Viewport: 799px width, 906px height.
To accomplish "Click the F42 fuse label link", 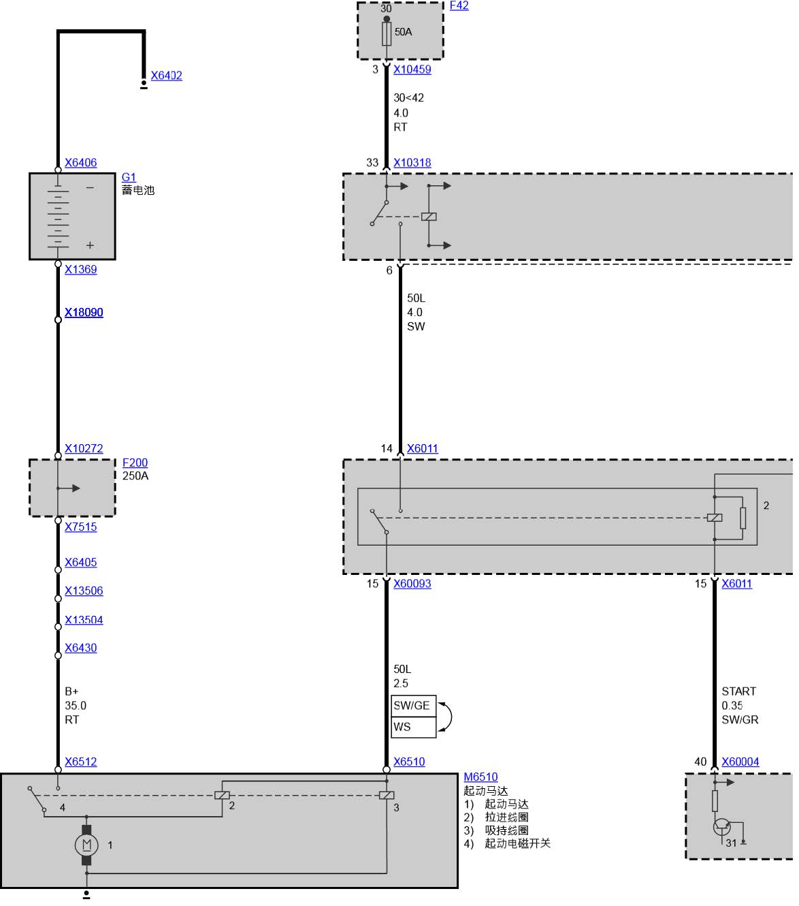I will [x=459, y=5].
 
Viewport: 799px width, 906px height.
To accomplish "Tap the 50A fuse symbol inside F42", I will [x=387, y=33].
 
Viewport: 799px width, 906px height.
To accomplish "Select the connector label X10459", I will [x=412, y=69].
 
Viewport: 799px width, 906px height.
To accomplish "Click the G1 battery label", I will [x=129, y=177].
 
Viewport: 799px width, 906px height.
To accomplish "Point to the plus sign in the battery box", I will [x=90, y=245].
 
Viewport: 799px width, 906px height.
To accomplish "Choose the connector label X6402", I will [x=166, y=76].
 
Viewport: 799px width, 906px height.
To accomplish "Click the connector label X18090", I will [x=84, y=313].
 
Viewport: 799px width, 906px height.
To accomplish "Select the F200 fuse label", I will [x=135, y=463].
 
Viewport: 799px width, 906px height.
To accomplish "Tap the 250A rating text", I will [x=135, y=476].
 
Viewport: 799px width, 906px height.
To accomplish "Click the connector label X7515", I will [x=80, y=527].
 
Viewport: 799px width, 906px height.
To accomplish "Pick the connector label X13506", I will [x=84, y=591].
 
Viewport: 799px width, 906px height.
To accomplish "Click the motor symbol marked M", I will [x=86, y=845].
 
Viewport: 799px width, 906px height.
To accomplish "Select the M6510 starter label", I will [x=480, y=777].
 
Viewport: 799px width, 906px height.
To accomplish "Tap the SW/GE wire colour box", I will [x=412, y=706].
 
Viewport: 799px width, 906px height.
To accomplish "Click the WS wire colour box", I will [x=412, y=727].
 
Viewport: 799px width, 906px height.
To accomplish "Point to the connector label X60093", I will [x=412, y=584].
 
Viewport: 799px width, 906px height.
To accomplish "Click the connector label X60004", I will [x=740, y=762].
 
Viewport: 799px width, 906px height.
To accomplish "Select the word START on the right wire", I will [x=738, y=691].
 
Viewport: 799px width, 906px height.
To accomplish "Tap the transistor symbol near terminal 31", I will [x=721, y=827].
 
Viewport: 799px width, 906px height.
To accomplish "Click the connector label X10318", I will [x=412, y=163].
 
